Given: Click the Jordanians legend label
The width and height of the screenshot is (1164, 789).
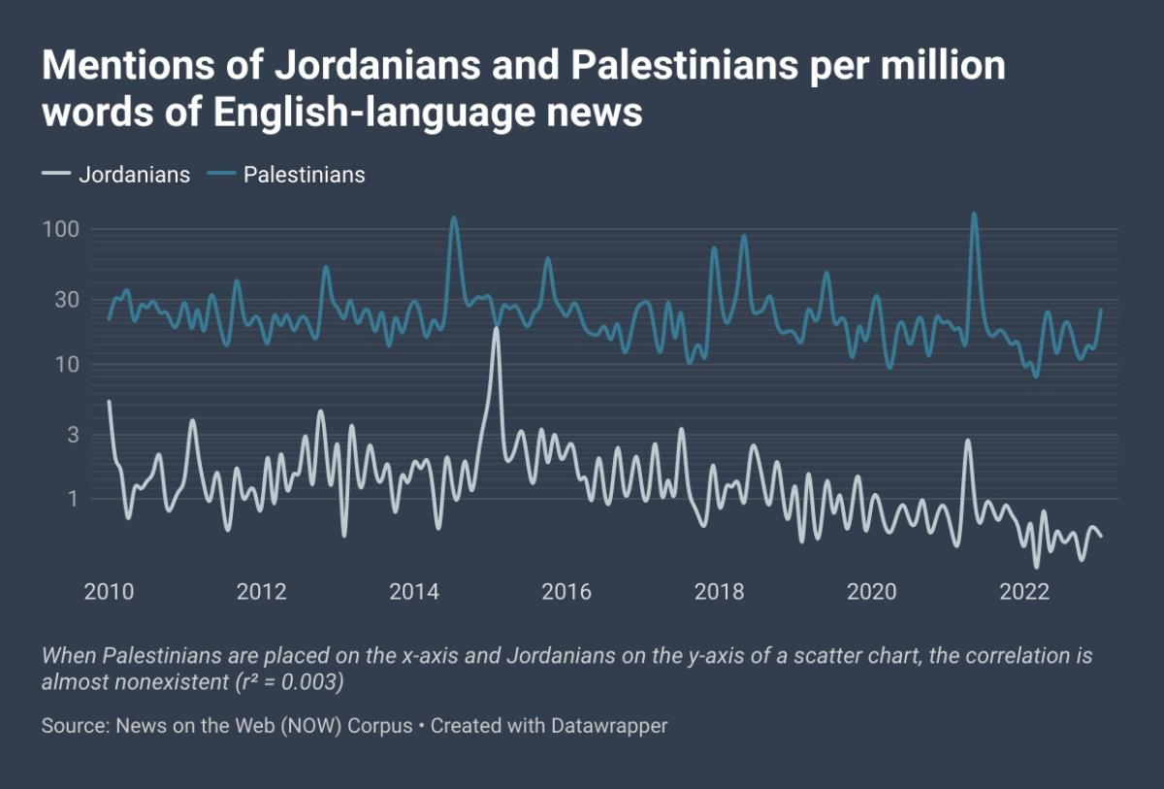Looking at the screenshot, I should pyautogui.click(x=134, y=175).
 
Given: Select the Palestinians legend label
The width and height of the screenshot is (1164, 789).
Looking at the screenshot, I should pyautogui.click(x=304, y=175).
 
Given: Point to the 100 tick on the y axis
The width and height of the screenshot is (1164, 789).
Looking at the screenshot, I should pyautogui.click(x=60, y=230).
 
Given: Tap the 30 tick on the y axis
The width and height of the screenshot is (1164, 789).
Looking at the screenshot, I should pyautogui.click(x=65, y=298).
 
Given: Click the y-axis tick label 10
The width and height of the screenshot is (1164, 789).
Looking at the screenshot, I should pyautogui.click(x=65, y=365).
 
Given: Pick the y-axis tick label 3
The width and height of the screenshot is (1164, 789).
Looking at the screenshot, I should pyautogui.click(x=71, y=433).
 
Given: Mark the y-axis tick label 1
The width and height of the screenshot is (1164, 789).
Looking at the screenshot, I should pyautogui.click(x=72, y=499).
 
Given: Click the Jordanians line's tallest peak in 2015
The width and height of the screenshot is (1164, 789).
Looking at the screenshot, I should pyautogui.click(x=497, y=330).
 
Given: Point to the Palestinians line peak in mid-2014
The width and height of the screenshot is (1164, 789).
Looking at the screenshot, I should pyautogui.click(x=453, y=218).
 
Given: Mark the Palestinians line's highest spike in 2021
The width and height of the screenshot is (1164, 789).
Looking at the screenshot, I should pyautogui.click(x=974, y=214).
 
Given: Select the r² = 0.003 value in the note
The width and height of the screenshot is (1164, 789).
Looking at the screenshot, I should pyautogui.click(x=288, y=681).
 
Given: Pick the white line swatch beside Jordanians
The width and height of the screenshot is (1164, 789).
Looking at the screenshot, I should pyautogui.click(x=56, y=175).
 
